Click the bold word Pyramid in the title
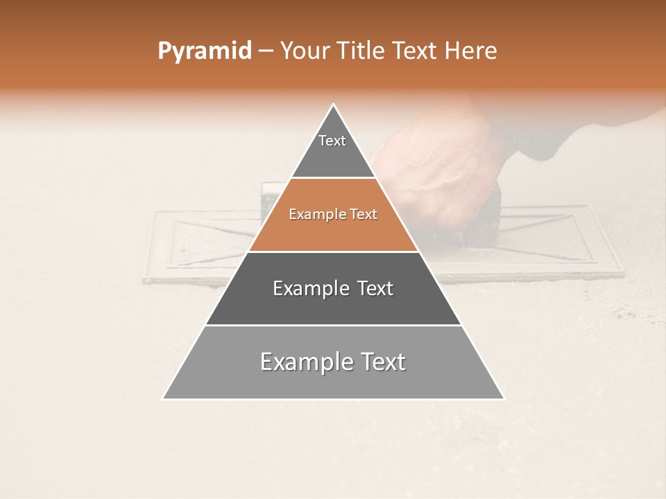[204, 51]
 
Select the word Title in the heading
[362, 51]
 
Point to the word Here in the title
[472, 51]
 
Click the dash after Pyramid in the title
[264, 51]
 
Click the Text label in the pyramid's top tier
[332, 141]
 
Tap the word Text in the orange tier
[363, 215]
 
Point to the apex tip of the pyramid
[334, 105]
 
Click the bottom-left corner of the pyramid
[164, 399]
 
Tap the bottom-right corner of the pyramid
[504, 399]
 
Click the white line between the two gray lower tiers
[333, 325]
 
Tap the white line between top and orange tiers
[334, 178]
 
